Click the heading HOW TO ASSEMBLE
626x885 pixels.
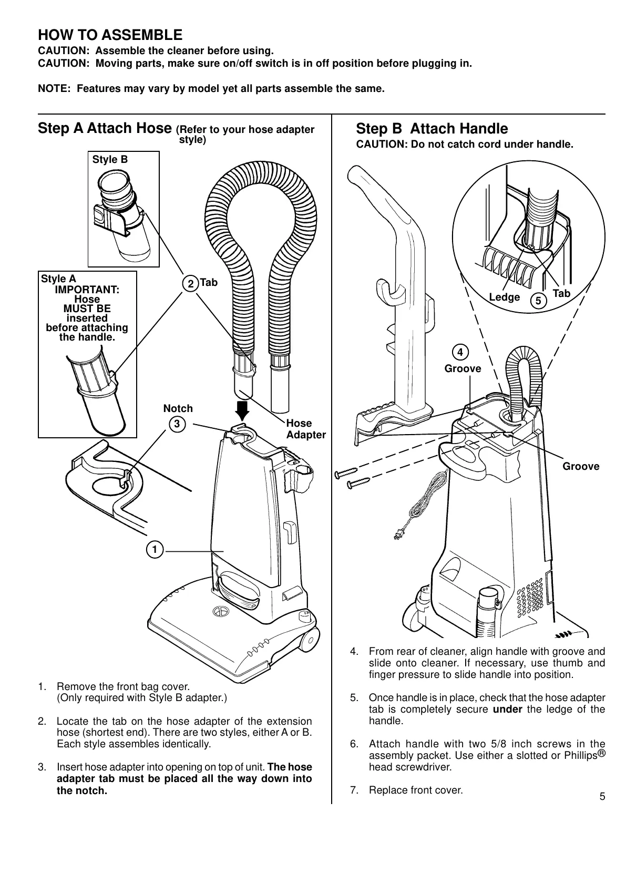(110, 35)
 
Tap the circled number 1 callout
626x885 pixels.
(155, 550)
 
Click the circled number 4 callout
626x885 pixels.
(460, 351)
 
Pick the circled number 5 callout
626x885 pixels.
(538, 301)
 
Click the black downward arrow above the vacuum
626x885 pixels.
(243, 411)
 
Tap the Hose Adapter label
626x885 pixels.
(306, 429)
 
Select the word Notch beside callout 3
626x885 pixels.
(178, 408)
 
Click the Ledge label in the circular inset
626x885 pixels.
(504, 297)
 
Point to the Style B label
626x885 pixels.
(110, 159)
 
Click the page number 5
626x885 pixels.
(602, 796)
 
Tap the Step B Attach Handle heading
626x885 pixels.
(432, 129)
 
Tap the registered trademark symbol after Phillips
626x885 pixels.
(602, 753)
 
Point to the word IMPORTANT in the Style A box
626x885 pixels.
(87, 290)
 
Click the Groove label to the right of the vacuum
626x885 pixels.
(581, 467)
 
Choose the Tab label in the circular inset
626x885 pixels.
(561, 293)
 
